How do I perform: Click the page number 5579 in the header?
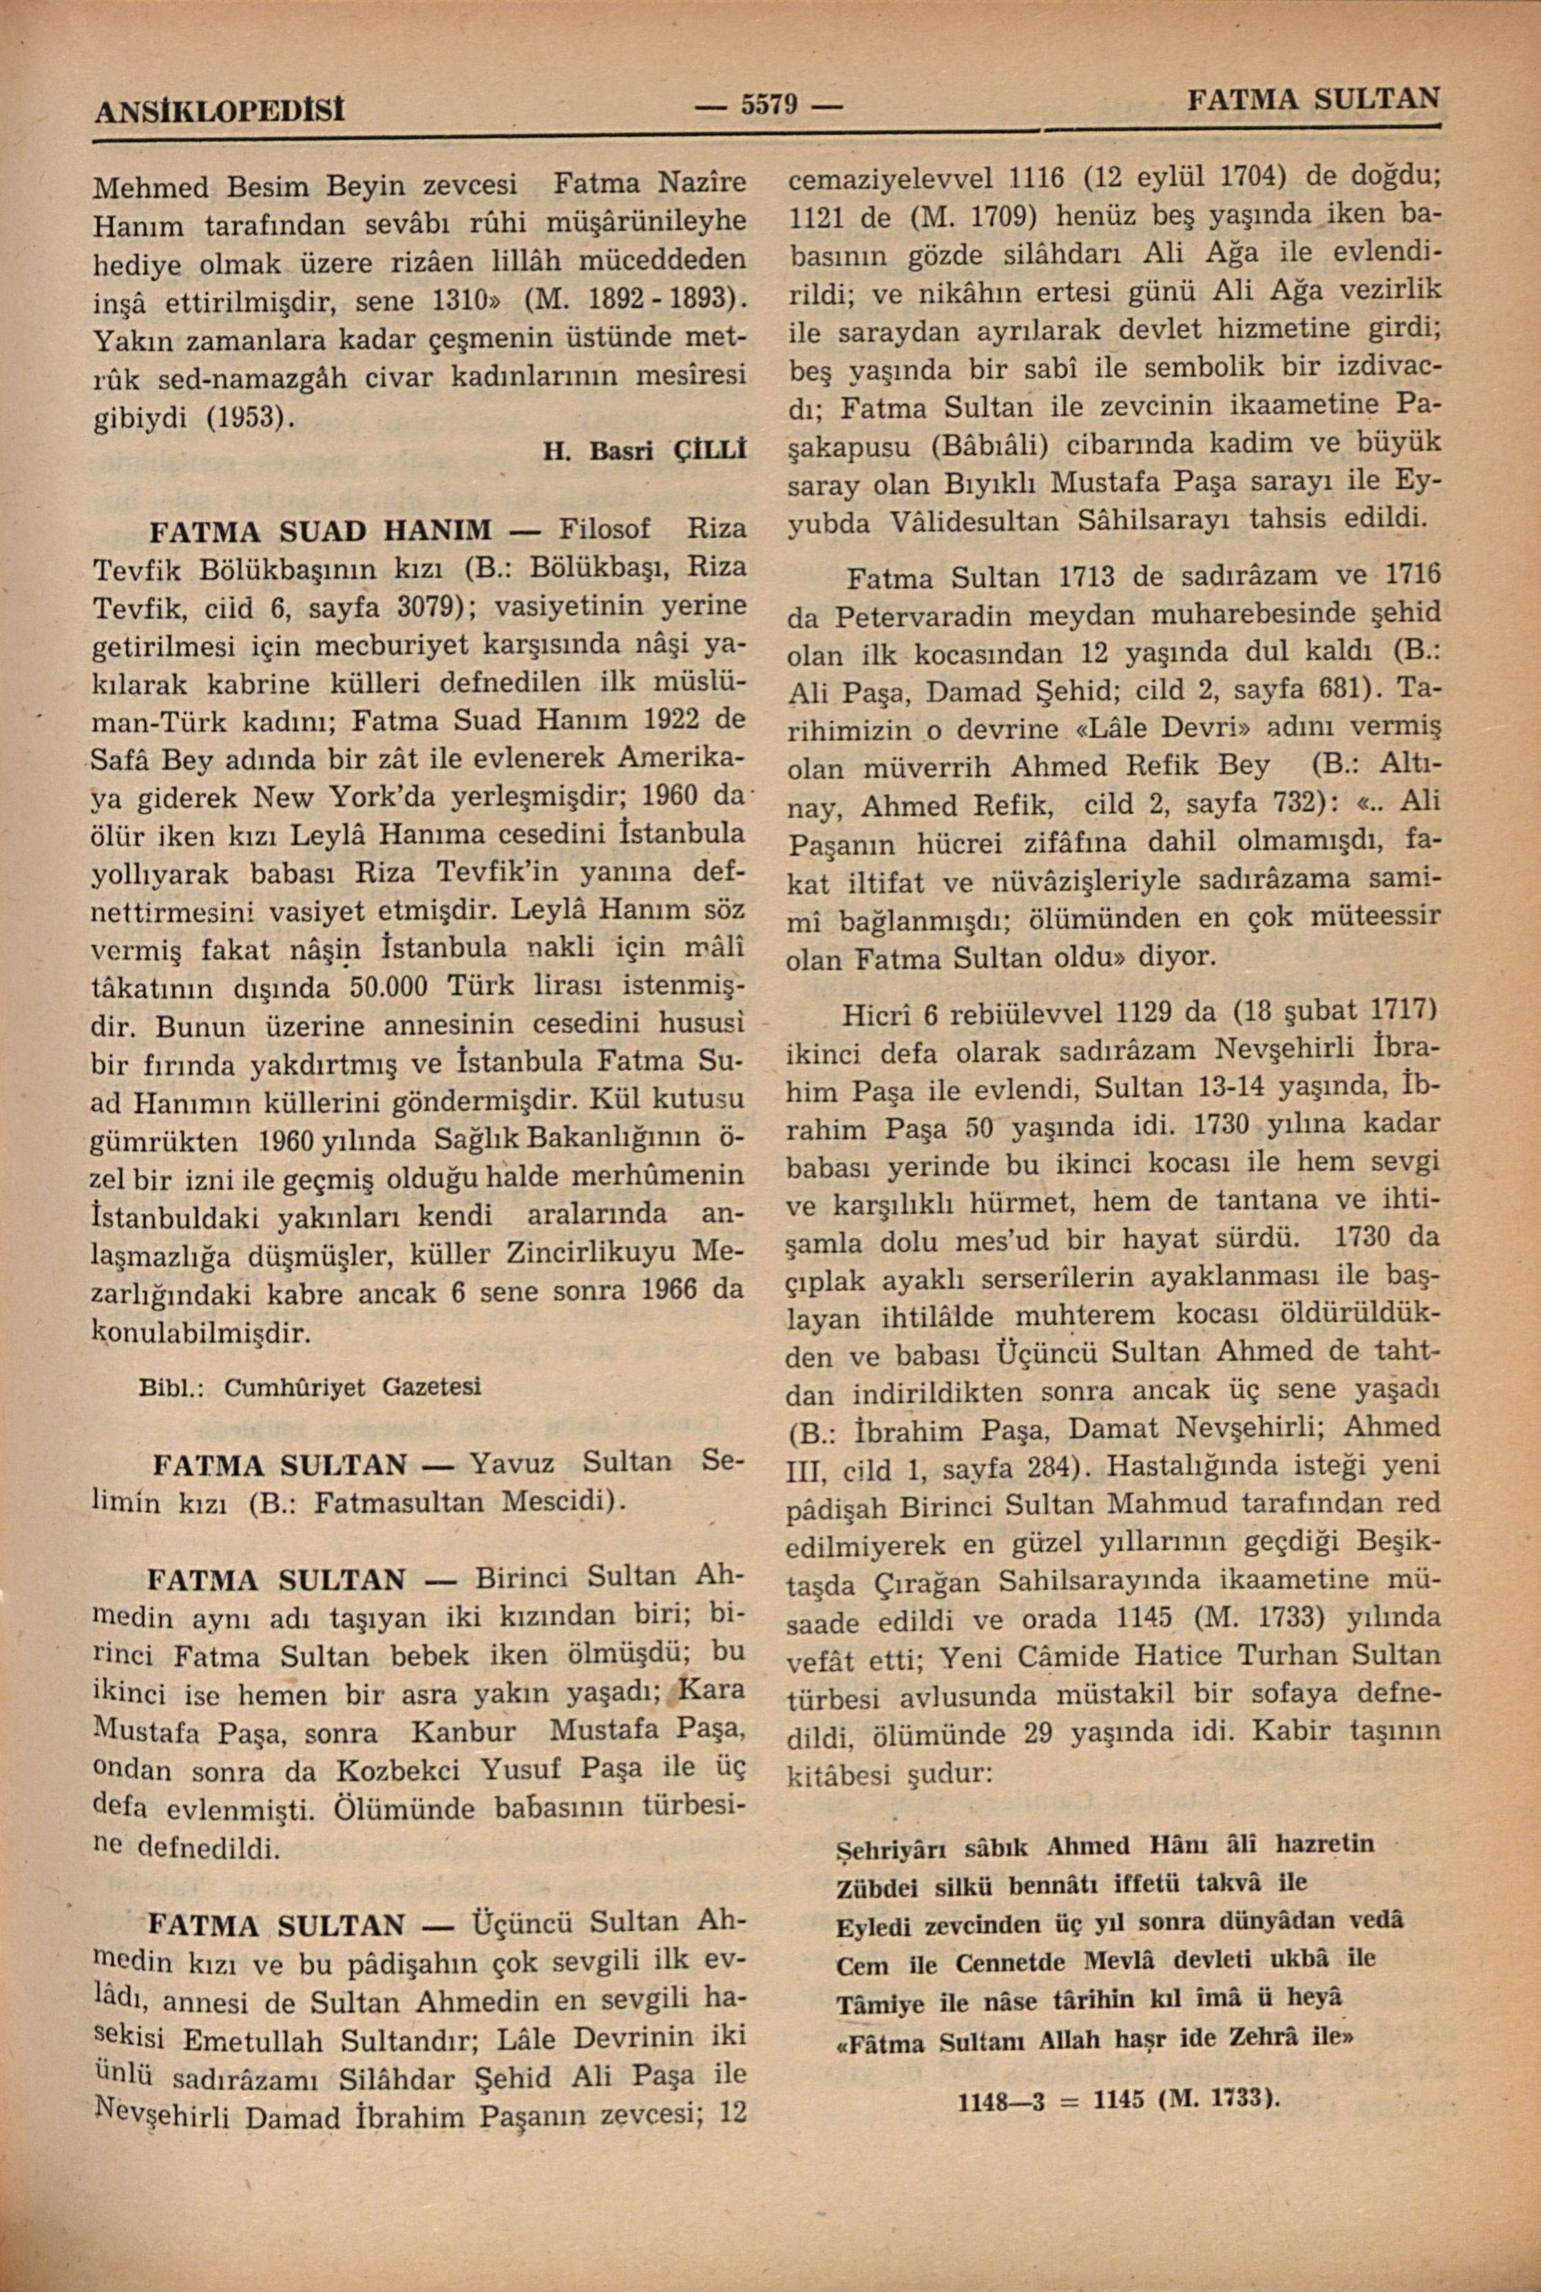[768, 103]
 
